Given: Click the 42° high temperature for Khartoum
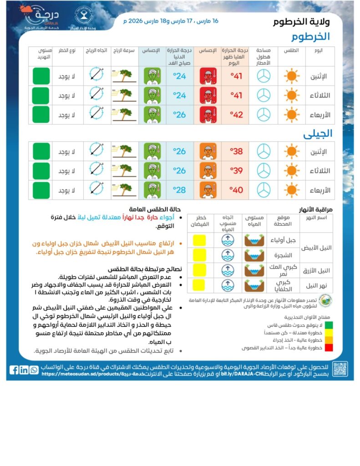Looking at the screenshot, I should (x=237, y=115).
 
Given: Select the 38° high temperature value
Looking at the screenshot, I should (x=237, y=152).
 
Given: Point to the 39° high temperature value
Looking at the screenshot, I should (x=237, y=171).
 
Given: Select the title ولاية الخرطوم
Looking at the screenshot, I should (x=302, y=22).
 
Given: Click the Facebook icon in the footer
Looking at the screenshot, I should (x=14, y=370).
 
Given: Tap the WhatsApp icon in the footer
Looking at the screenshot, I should (x=34, y=370).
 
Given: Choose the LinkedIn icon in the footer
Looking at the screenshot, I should (x=24, y=370).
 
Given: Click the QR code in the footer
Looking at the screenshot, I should (x=340, y=369).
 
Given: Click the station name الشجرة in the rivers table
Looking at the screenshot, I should (x=284, y=255).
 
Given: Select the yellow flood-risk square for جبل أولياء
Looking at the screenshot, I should (x=199, y=240).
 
